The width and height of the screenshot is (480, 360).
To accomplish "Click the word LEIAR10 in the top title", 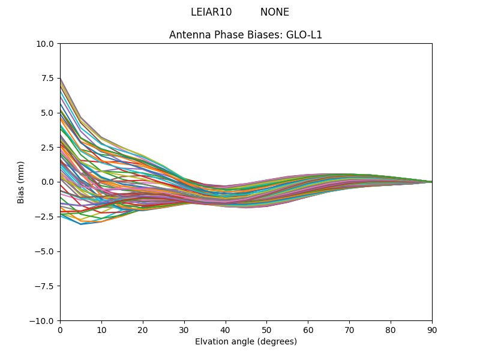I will [x=211, y=12].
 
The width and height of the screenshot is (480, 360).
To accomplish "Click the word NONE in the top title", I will [x=275, y=12].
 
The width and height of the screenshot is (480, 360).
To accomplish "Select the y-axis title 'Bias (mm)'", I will [x=21, y=182].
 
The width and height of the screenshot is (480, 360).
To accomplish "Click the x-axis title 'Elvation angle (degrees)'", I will [x=246, y=342].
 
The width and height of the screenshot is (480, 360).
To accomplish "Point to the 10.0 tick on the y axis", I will [x=46, y=44].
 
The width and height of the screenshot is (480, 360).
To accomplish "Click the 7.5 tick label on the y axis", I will [x=49, y=78].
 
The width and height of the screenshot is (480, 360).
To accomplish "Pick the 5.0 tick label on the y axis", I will [x=49, y=113].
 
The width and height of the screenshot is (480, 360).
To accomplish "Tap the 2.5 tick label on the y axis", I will [x=49, y=148].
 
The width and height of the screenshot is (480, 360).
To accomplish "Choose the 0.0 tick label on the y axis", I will [x=49, y=182].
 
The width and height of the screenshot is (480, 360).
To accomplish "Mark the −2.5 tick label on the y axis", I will [x=46, y=217].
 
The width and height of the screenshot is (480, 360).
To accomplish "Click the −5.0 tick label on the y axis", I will [x=46, y=251].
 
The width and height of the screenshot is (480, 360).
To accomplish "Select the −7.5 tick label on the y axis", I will [x=46, y=286].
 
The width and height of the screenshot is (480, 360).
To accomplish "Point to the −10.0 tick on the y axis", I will [x=44, y=320].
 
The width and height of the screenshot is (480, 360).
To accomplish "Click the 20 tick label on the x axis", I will [x=143, y=330].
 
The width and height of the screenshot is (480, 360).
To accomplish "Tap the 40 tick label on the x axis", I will [x=226, y=330].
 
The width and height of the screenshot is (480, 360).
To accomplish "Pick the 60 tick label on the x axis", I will [x=308, y=330].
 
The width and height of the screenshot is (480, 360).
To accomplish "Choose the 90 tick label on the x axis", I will [x=432, y=330].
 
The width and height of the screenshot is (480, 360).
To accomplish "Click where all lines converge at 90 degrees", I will [x=432, y=182].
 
